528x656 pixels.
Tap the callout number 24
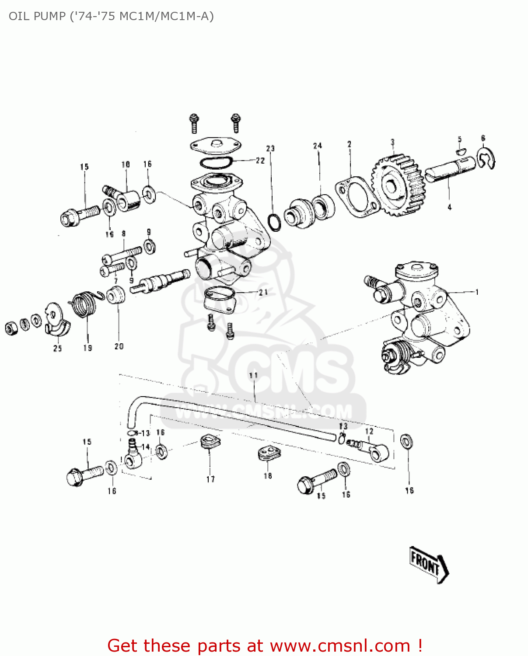pos(318,146)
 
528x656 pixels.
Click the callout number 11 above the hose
pos(253,375)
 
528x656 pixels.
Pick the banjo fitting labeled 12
pos(376,451)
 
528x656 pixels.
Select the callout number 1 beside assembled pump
pos(477,292)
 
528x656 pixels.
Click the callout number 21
pos(263,292)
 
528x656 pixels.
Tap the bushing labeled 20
pos(116,296)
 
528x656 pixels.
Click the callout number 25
pos(58,349)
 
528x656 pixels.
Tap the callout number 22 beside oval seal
pos(260,161)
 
